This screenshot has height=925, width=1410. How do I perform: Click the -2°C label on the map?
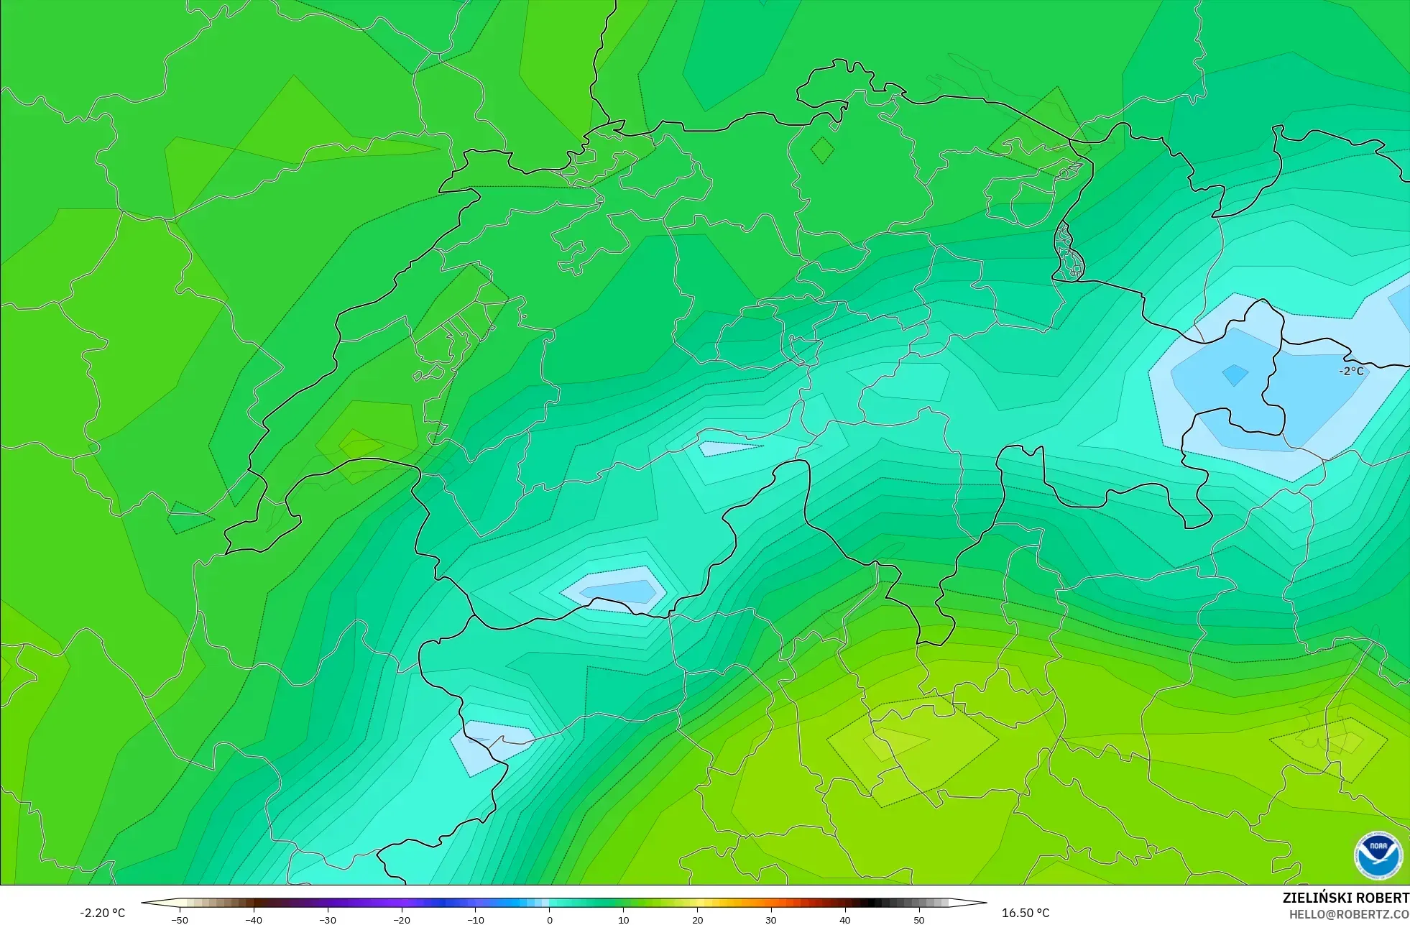1351,371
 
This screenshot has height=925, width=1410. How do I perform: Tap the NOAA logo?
1378,855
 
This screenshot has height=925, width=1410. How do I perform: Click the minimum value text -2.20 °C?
102,913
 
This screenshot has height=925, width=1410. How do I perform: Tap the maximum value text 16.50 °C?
1026,913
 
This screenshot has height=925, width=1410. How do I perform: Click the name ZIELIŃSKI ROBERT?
1345,898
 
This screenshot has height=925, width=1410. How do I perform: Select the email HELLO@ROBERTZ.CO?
1348,914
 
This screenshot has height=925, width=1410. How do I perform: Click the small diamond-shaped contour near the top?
823,150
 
